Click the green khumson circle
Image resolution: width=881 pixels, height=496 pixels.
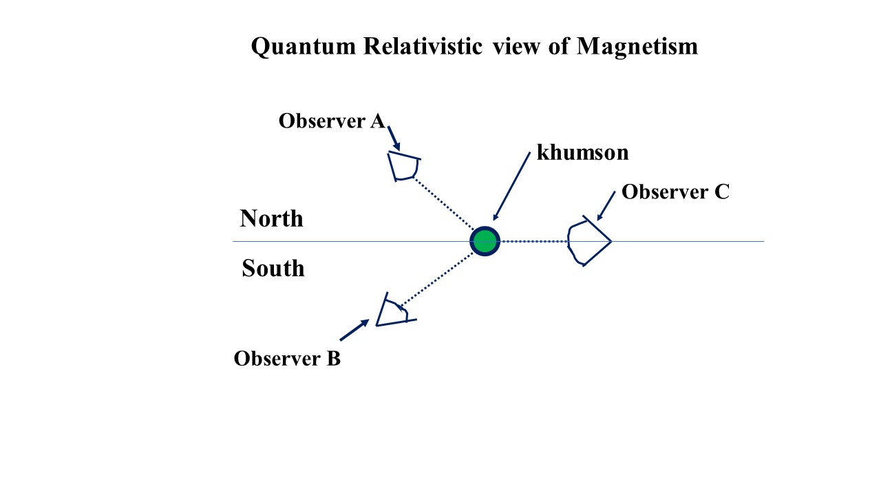pyautogui.click(x=485, y=241)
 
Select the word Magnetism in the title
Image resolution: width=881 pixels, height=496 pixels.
pyautogui.click(x=637, y=46)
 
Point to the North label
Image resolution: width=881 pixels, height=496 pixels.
pyautogui.click(x=271, y=218)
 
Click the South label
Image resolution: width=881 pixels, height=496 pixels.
pyautogui.click(x=273, y=268)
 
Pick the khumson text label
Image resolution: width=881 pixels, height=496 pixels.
pyautogui.click(x=582, y=152)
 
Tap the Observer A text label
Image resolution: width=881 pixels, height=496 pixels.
pyautogui.click(x=331, y=121)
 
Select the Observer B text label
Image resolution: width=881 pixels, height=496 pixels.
pyautogui.click(x=287, y=359)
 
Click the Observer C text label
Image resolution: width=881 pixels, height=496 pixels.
pyautogui.click(x=675, y=192)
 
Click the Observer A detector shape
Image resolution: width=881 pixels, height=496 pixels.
pyautogui.click(x=403, y=166)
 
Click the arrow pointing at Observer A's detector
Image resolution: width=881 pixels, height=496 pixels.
pyautogui.click(x=394, y=137)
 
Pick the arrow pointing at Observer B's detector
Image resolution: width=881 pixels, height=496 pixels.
pyautogui.click(x=354, y=330)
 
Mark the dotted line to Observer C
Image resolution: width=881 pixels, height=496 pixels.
pyautogui.click(x=533, y=241)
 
